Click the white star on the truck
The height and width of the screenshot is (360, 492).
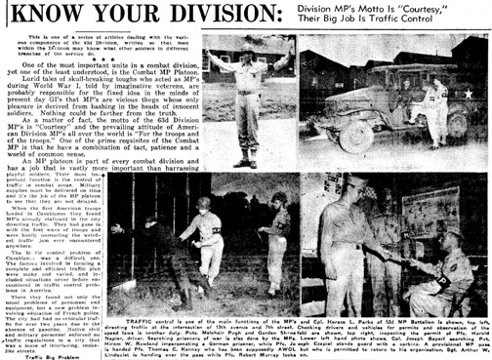click(468, 95)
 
